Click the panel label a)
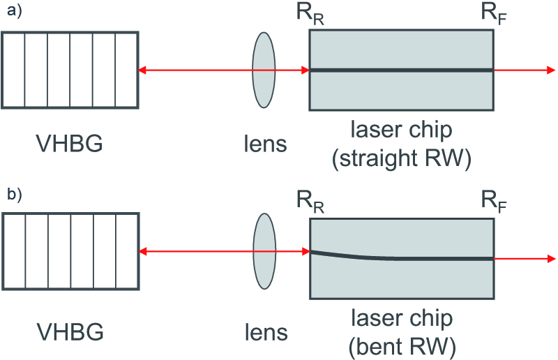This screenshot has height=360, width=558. point(13,12)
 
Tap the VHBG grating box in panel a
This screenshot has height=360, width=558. point(70,70)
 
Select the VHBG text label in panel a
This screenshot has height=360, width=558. point(70,144)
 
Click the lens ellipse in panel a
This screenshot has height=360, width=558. point(264,70)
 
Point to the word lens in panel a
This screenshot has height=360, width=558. point(264,144)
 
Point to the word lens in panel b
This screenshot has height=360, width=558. point(264,331)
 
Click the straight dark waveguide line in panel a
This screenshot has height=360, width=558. point(402,70)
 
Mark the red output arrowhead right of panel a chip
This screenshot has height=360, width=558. point(551,70)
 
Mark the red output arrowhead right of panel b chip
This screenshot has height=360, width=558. point(551,259)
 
